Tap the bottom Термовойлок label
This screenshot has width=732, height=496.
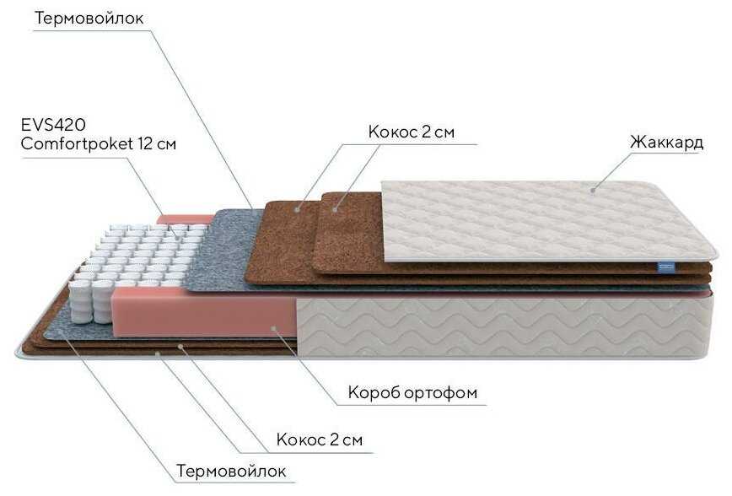(x=231, y=470)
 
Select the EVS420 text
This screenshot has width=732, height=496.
(x=51, y=125)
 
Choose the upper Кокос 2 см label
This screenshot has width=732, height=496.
(x=412, y=132)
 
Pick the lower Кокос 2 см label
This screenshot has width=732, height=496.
(x=320, y=439)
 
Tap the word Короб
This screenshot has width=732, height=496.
(x=374, y=393)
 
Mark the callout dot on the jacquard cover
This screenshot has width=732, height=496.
(x=592, y=189)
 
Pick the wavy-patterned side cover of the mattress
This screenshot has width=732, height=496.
(x=506, y=325)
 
